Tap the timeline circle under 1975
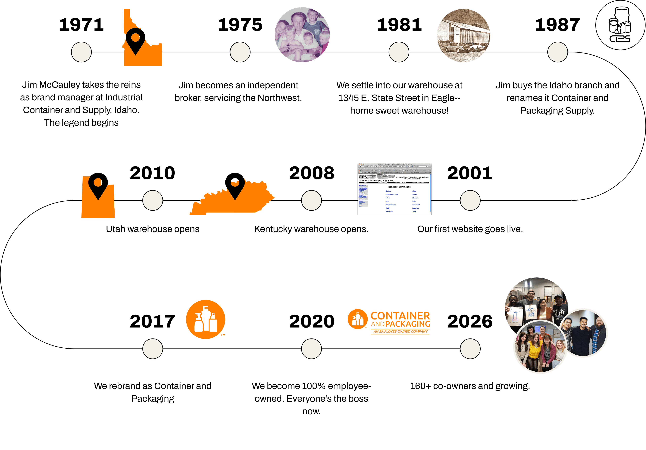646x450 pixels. (x=240, y=52)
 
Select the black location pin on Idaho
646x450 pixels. (x=135, y=39)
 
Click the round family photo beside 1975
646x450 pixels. (x=302, y=35)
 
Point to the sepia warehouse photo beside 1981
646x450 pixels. (x=463, y=35)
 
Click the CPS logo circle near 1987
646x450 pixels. (x=621, y=25)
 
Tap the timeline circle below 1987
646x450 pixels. (x=557, y=52)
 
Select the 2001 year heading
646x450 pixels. (x=470, y=173)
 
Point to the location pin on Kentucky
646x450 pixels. (x=235, y=184)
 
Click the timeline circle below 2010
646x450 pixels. (x=152, y=200)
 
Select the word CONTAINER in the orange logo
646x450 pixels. (x=400, y=316)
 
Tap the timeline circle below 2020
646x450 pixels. (x=311, y=349)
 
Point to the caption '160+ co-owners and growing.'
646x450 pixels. (x=470, y=386)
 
